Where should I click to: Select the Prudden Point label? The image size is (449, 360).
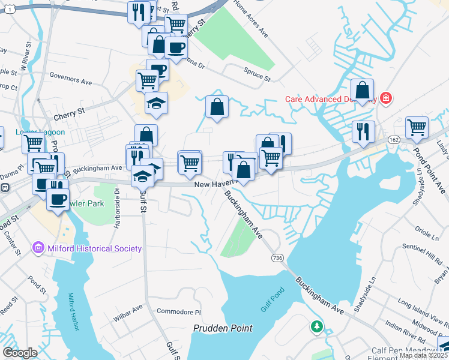click(223, 328)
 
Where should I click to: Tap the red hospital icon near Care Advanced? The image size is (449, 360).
click(386, 98)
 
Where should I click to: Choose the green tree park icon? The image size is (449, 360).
click(316, 327)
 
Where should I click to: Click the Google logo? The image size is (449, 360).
click(19, 353)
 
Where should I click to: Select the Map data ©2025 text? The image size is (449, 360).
click(423, 355)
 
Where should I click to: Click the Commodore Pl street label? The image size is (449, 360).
click(178, 311)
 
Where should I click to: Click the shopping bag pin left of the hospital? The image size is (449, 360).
click(363, 91)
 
